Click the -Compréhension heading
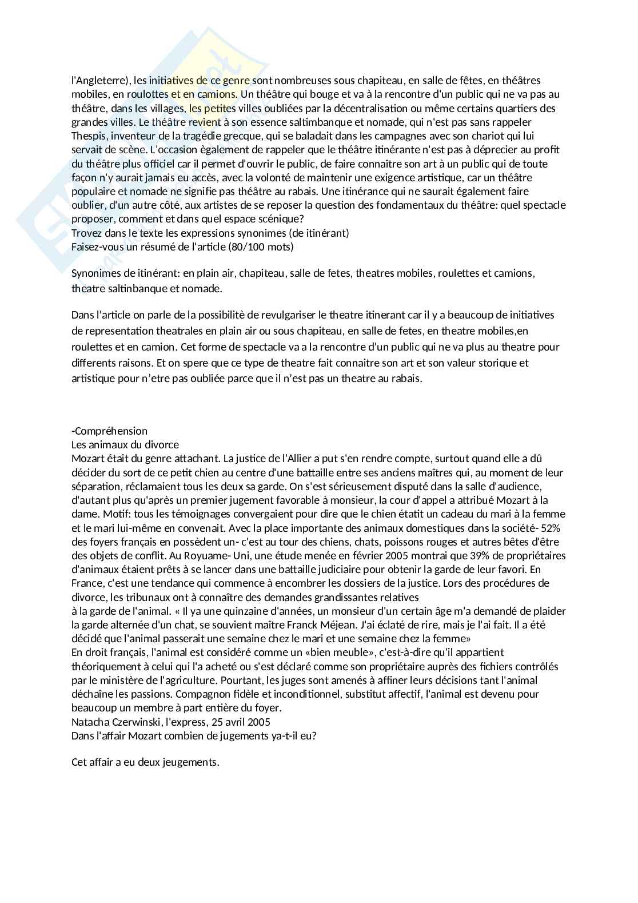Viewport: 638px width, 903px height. (x=109, y=431)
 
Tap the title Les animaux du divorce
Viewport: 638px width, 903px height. (x=125, y=445)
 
